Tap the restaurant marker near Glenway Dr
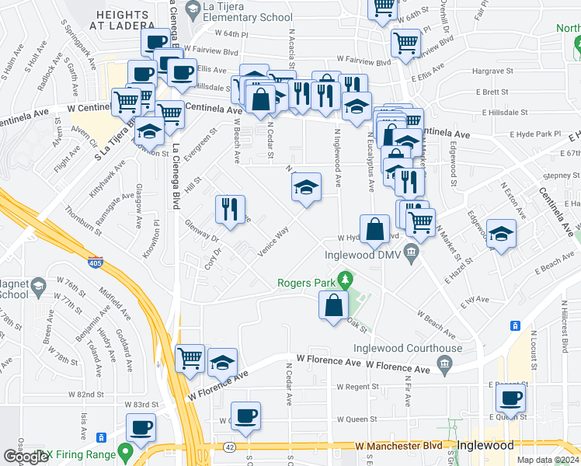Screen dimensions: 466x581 click(230, 210)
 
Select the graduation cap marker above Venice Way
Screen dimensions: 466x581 click(306, 186)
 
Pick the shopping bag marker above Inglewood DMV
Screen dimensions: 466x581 click(374, 228)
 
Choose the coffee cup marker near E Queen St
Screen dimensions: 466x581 click(510, 398)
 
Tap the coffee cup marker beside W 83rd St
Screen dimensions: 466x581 click(141, 426)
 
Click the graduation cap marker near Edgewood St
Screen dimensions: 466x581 click(502, 233)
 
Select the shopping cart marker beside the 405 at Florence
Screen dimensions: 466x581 click(190, 358)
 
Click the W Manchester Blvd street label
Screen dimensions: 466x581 click(398, 446)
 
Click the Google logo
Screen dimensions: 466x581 click(26, 456)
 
